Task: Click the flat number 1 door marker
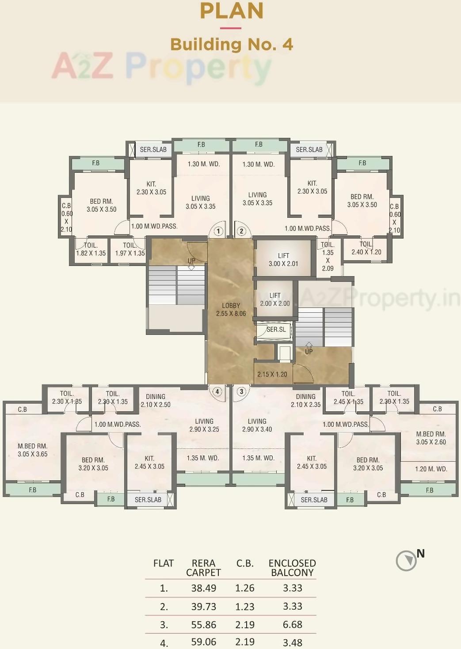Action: pyautogui.click(x=218, y=231)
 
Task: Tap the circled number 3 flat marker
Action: pyautogui.click(x=241, y=392)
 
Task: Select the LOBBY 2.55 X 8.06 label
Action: pyautogui.click(x=231, y=310)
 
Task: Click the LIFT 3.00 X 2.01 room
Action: pyautogui.click(x=283, y=260)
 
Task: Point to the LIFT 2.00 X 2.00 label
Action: pyautogui.click(x=275, y=300)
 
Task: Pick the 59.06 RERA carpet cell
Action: pyautogui.click(x=203, y=641)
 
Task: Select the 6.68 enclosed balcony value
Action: pyautogui.click(x=292, y=625)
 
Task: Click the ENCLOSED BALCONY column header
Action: pyautogui.click(x=292, y=568)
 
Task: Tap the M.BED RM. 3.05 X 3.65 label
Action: pyautogui.click(x=33, y=450)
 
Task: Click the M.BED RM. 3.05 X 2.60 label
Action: pyautogui.click(x=431, y=438)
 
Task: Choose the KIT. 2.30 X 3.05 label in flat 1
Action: pyautogui.click(x=151, y=188)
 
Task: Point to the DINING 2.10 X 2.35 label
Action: pyautogui.click(x=305, y=400)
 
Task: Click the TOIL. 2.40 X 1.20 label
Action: pyautogui.click(x=366, y=248)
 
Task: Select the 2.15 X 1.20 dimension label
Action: pyautogui.click(x=272, y=374)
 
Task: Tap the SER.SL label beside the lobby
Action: pyautogui.click(x=276, y=330)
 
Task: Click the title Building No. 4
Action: pyautogui.click(x=231, y=45)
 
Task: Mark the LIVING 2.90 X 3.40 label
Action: pyautogui.click(x=257, y=425)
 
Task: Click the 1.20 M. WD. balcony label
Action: pyautogui.click(x=431, y=469)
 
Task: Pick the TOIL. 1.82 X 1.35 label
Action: pyautogui.click(x=91, y=249)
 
